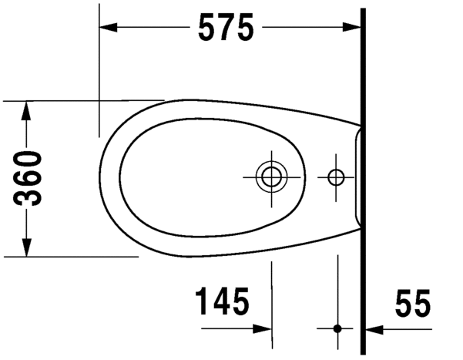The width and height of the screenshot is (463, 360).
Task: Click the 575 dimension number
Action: (226, 28)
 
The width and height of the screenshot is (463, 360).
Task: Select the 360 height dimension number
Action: (30, 178)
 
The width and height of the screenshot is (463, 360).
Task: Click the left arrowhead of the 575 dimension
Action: (108, 28)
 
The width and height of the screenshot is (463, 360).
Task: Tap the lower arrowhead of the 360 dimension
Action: (26, 247)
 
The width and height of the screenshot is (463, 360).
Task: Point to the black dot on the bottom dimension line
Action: (337, 328)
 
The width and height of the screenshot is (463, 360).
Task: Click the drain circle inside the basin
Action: (271, 177)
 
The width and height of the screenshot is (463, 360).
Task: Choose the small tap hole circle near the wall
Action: (337, 177)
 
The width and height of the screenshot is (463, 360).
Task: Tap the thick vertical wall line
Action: (363, 177)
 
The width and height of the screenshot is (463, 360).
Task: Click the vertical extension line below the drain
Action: (272, 293)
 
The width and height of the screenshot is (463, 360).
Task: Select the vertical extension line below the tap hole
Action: (337, 293)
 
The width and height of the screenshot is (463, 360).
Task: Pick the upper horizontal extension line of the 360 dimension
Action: (77, 100)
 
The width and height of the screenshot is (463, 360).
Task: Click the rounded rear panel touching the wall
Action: (356, 177)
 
